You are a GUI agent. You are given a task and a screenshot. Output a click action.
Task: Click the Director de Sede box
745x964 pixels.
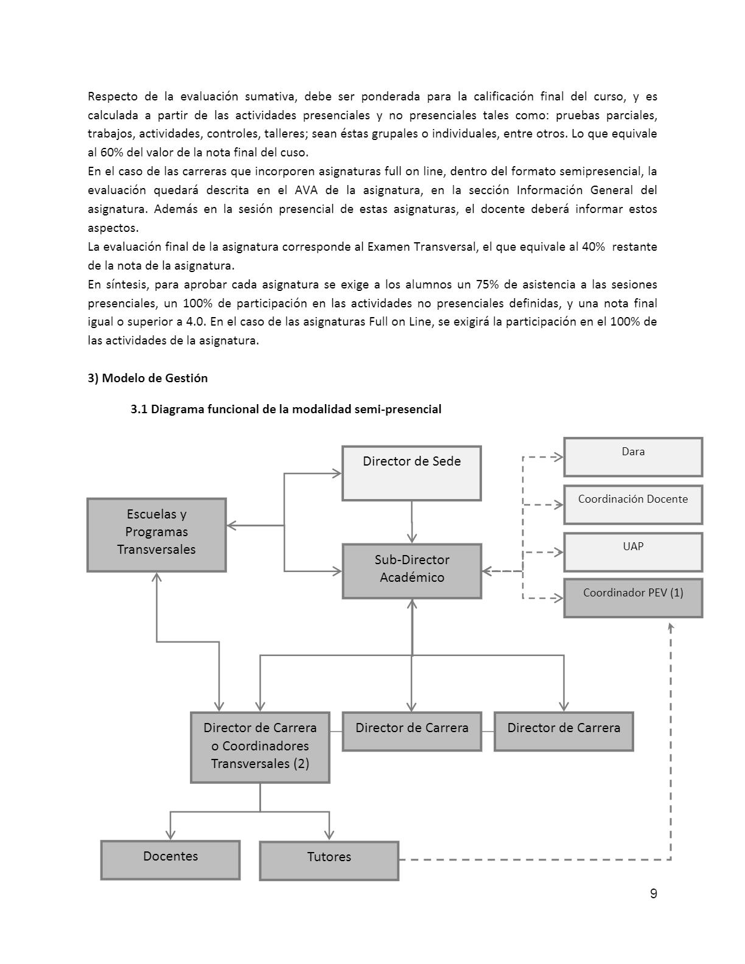411,473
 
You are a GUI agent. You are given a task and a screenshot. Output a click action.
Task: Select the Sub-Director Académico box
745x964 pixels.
411,570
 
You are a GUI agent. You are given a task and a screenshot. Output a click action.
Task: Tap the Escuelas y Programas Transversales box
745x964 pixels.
156,534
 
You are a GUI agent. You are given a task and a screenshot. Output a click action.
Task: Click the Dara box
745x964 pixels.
633,456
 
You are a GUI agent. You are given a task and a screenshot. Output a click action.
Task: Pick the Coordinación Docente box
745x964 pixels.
633,504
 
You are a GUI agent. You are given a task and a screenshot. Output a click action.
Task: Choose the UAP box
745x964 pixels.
633,551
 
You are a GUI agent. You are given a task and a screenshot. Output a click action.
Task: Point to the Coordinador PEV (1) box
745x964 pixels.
633,598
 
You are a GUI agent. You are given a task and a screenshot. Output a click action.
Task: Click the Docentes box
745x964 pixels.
170,859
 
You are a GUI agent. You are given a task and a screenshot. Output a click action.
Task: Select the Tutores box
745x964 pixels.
329,860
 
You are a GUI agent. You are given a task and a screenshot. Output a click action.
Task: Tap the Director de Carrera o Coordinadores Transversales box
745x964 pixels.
260,747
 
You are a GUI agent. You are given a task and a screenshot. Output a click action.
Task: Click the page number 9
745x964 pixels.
654,893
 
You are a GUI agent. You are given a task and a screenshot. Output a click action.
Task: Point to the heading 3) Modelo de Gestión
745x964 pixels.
148,378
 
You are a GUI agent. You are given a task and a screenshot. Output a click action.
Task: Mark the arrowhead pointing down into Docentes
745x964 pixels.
170,835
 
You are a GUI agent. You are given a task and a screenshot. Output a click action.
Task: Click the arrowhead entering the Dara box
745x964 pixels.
558,456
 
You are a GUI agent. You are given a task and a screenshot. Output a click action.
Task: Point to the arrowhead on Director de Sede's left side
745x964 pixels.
337,473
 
